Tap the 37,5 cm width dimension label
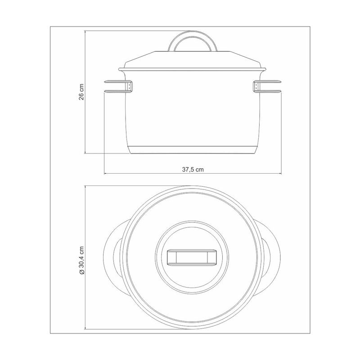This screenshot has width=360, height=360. pyautogui.click(x=193, y=170)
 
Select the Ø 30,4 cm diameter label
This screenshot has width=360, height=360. pyautogui.click(x=82, y=261)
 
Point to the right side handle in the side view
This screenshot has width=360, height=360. pyautogui.click(x=267, y=86)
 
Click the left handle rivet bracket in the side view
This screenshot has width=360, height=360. pyautogui.click(x=130, y=86)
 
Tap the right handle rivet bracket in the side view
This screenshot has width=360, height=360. pyautogui.click(x=256, y=86)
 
